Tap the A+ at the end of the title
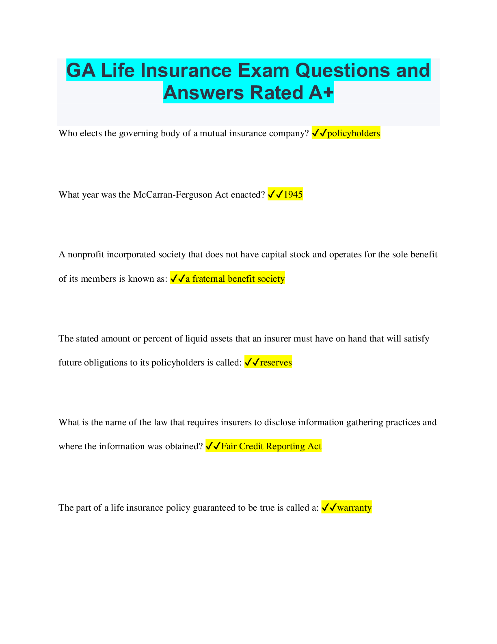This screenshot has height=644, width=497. [321, 93]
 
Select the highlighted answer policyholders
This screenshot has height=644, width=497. [353, 133]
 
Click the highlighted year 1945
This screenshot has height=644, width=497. [293, 194]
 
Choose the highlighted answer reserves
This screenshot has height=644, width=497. [276, 363]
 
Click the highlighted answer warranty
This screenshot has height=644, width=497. [354, 508]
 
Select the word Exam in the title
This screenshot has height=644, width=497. [263, 70]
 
